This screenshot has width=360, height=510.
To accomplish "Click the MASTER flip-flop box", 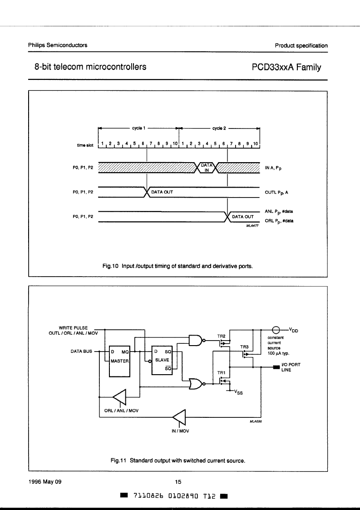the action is (119, 361).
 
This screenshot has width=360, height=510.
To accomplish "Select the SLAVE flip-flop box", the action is (162, 361).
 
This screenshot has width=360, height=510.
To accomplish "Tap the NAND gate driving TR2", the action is (196, 340).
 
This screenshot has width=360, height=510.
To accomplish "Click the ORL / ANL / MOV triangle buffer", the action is (120, 397).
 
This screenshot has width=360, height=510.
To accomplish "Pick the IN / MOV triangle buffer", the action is (179, 417).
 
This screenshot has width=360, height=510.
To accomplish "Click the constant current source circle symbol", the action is (276, 330).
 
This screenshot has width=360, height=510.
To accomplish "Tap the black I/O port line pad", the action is (276, 367).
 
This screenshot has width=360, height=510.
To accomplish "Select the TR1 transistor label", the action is (222, 372).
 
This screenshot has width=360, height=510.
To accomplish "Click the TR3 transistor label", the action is (244, 347).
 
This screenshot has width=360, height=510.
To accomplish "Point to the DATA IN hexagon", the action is (207, 168).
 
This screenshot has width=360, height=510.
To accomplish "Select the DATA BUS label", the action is (81, 352).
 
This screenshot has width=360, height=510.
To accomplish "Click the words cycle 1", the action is (138, 128).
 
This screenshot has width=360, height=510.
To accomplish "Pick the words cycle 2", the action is (219, 129).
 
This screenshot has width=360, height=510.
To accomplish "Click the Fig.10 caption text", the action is (178, 266).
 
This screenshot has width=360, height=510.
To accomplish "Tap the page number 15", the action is (178, 482).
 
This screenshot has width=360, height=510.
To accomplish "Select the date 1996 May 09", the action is (45, 482).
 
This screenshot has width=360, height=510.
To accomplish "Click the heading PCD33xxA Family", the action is (286, 67).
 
